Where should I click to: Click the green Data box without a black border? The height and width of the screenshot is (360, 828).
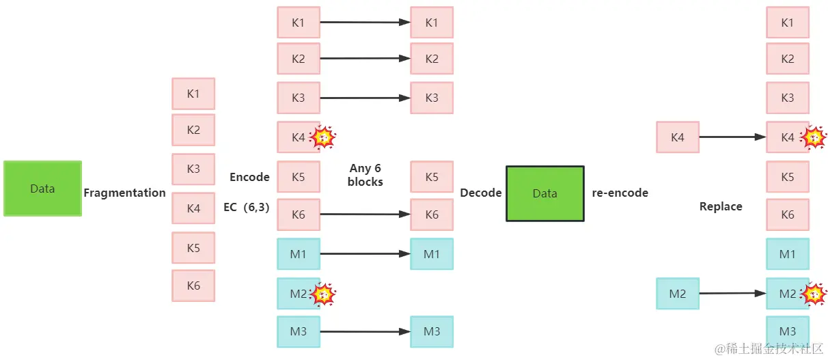pos(42,189)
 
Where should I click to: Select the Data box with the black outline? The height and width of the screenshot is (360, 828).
pos(545,194)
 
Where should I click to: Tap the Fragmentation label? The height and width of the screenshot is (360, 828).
pos(124,193)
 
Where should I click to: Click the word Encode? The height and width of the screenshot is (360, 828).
pos(249,177)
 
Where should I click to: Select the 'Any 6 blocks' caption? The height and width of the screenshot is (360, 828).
pos(365,175)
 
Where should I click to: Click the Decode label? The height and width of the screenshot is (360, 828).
pos(481,193)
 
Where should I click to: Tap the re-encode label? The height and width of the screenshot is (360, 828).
pos(620,193)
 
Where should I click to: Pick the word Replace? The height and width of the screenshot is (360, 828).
pos(721,206)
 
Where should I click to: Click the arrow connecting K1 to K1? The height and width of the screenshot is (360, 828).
pos(365,22)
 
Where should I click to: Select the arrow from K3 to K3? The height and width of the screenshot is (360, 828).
pos(365,98)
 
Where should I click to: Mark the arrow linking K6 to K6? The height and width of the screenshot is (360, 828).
pos(365,214)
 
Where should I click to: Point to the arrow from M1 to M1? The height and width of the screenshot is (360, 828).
pos(365,254)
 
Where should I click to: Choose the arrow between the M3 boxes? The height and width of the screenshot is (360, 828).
pos(365,331)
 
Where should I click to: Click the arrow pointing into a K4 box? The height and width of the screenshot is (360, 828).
pos(732,137)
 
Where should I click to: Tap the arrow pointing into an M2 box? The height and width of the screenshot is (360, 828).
pos(732,294)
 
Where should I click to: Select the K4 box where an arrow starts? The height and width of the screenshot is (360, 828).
pos(678,137)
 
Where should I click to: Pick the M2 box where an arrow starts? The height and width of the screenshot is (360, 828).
pos(678,294)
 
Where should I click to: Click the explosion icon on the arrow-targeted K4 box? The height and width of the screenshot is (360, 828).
pos(813,137)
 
